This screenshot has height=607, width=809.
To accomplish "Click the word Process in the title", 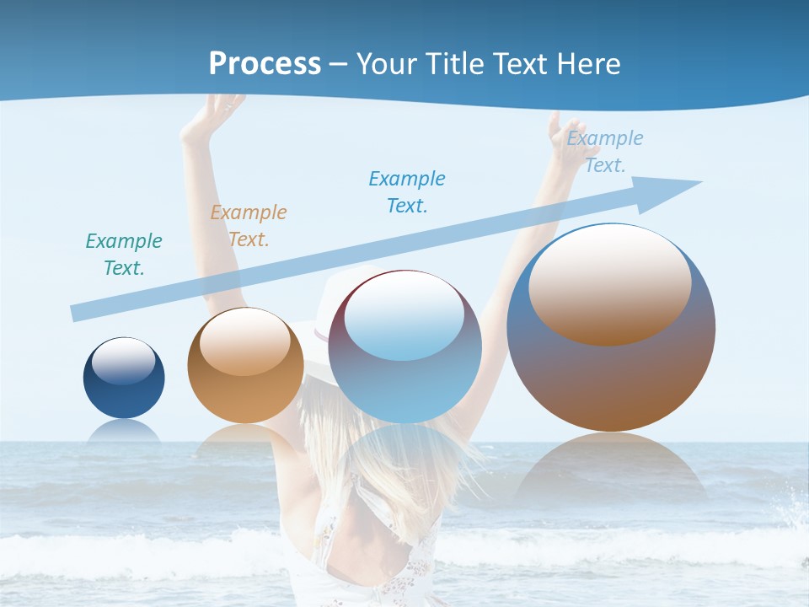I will [x=265, y=64].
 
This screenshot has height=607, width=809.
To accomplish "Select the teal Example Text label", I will [x=124, y=255].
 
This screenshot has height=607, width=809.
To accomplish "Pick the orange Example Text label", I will [x=249, y=226].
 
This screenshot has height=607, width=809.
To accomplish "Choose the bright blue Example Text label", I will [x=407, y=192].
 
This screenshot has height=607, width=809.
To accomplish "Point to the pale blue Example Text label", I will [x=605, y=152].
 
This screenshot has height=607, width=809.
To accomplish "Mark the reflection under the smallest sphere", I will [x=124, y=432].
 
